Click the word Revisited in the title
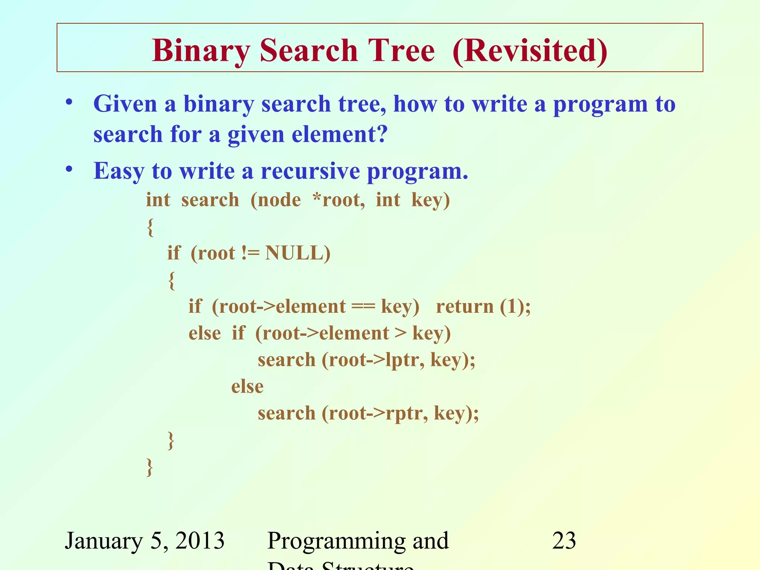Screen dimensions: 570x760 (530, 51)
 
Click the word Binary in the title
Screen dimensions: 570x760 (201, 51)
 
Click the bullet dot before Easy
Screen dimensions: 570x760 (69, 170)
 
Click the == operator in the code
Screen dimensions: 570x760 (363, 307)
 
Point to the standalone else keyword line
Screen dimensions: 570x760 (247, 387)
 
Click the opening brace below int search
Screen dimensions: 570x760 (150, 227)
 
